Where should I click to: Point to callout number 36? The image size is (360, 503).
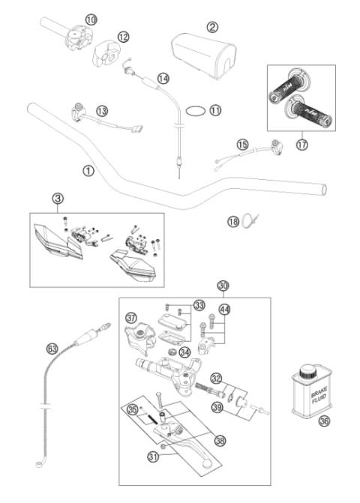[324, 421]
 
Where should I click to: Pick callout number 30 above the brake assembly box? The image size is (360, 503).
[222, 286]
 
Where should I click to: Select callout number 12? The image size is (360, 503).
[123, 36]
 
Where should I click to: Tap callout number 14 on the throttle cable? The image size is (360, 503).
[163, 78]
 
